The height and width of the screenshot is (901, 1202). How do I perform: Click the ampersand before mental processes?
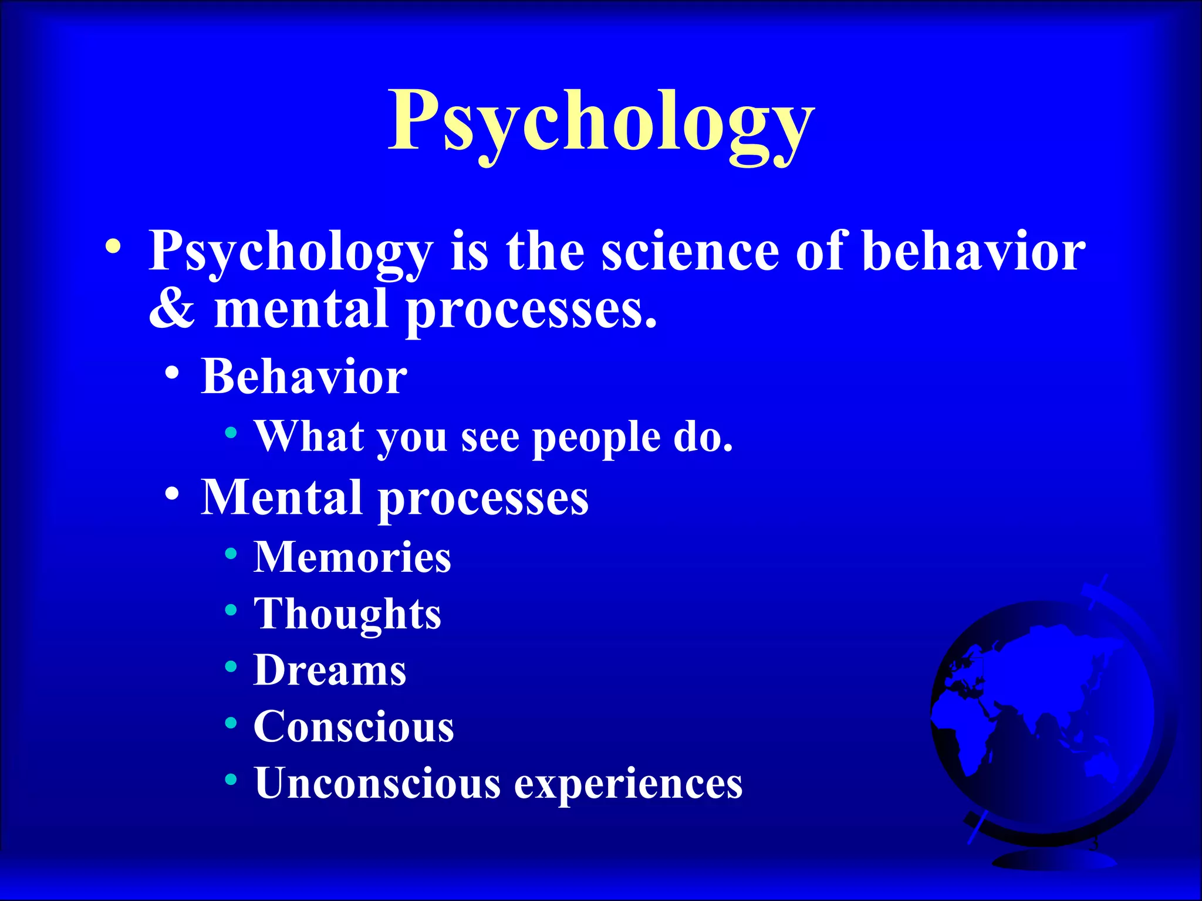point(171,309)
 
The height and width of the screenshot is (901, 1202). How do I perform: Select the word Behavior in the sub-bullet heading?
point(304,376)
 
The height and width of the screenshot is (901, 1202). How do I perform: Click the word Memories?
point(352,557)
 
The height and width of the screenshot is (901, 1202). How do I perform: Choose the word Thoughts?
point(347,614)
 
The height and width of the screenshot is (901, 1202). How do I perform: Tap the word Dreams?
point(330,670)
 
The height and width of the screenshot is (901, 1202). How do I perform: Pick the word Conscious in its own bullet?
point(354,727)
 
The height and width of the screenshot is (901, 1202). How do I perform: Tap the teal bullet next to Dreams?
point(231,666)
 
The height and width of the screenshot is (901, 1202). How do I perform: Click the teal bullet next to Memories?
point(231,553)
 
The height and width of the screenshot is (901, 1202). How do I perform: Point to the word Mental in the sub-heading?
point(281,497)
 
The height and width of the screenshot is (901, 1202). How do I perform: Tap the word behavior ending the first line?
point(974,251)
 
